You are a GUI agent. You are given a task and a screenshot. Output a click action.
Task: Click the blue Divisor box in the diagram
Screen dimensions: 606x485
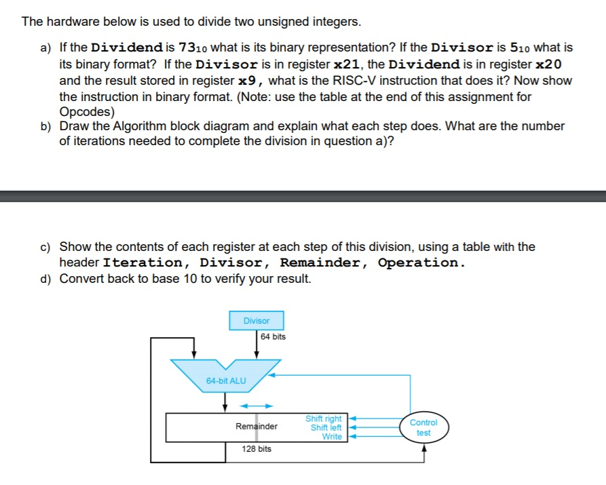[257, 320]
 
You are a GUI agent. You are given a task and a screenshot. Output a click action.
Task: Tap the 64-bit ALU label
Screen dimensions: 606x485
[226, 381]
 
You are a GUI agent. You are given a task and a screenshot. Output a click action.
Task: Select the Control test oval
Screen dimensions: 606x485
[423, 427]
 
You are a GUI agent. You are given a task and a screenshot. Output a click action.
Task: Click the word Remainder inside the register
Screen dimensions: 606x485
[256, 427]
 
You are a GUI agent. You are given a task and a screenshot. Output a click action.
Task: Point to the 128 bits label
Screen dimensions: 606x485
[257, 449]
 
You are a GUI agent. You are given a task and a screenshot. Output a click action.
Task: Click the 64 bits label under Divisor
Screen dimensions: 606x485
[273, 336]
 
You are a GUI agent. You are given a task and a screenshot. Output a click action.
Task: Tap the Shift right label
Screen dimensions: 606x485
[324, 419]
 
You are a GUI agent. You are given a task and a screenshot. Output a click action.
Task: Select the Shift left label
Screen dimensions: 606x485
[326, 427]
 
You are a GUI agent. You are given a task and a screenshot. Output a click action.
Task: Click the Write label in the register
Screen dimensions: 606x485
[332, 436]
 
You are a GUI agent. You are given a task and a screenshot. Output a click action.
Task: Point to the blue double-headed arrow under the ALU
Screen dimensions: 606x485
[256, 406]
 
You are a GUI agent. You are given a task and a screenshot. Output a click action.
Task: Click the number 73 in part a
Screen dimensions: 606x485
[187, 48]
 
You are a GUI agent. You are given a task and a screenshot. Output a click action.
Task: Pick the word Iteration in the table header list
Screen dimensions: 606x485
[143, 263]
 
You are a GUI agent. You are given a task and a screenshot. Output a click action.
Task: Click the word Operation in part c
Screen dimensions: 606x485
[420, 263]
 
